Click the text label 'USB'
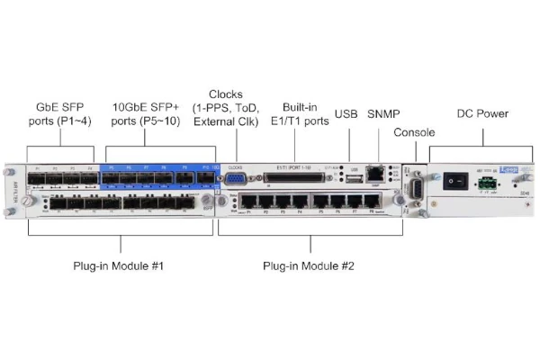click(346, 114)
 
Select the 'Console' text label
click(413, 133)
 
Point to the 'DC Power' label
click(482, 114)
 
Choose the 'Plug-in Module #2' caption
click(311, 266)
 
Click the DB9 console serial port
click(415, 189)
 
